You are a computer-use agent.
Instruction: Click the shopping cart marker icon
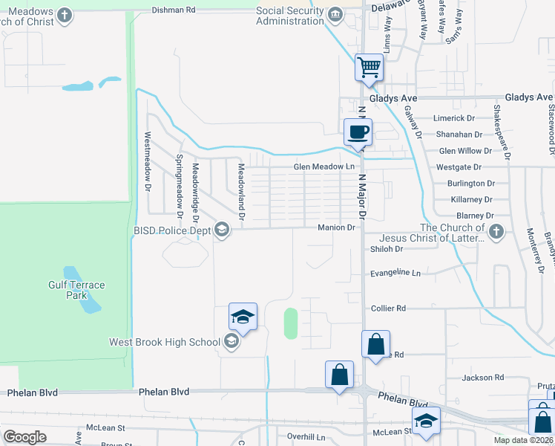pyautogui.click(x=369, y=68)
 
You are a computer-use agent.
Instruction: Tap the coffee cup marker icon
pyautogui.click(x=358, y=132)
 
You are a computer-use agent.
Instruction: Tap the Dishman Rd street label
pyautogui.click(x=173, y=10)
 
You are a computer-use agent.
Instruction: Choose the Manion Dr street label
pyautogui.click(x=337, y=227)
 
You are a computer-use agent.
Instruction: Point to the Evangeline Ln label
pyautogui.click(x=395, y=273)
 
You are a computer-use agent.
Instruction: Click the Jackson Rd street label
pyautogui.click(x=477, y=378)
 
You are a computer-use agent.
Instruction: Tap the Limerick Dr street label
pyautogui.click(x=456, y=118)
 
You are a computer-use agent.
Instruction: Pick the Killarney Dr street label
pyautogui.click(x=472, y=200)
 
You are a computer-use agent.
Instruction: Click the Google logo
pyautogui.click(x=24, y=437)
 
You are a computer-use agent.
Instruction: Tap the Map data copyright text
pyautogui.click(x=523, y=440)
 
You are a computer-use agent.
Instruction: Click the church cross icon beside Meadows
pyautogui.click(x=65, y=15)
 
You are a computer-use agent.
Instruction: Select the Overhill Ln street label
pyautogui.click(x=306, y=437)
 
